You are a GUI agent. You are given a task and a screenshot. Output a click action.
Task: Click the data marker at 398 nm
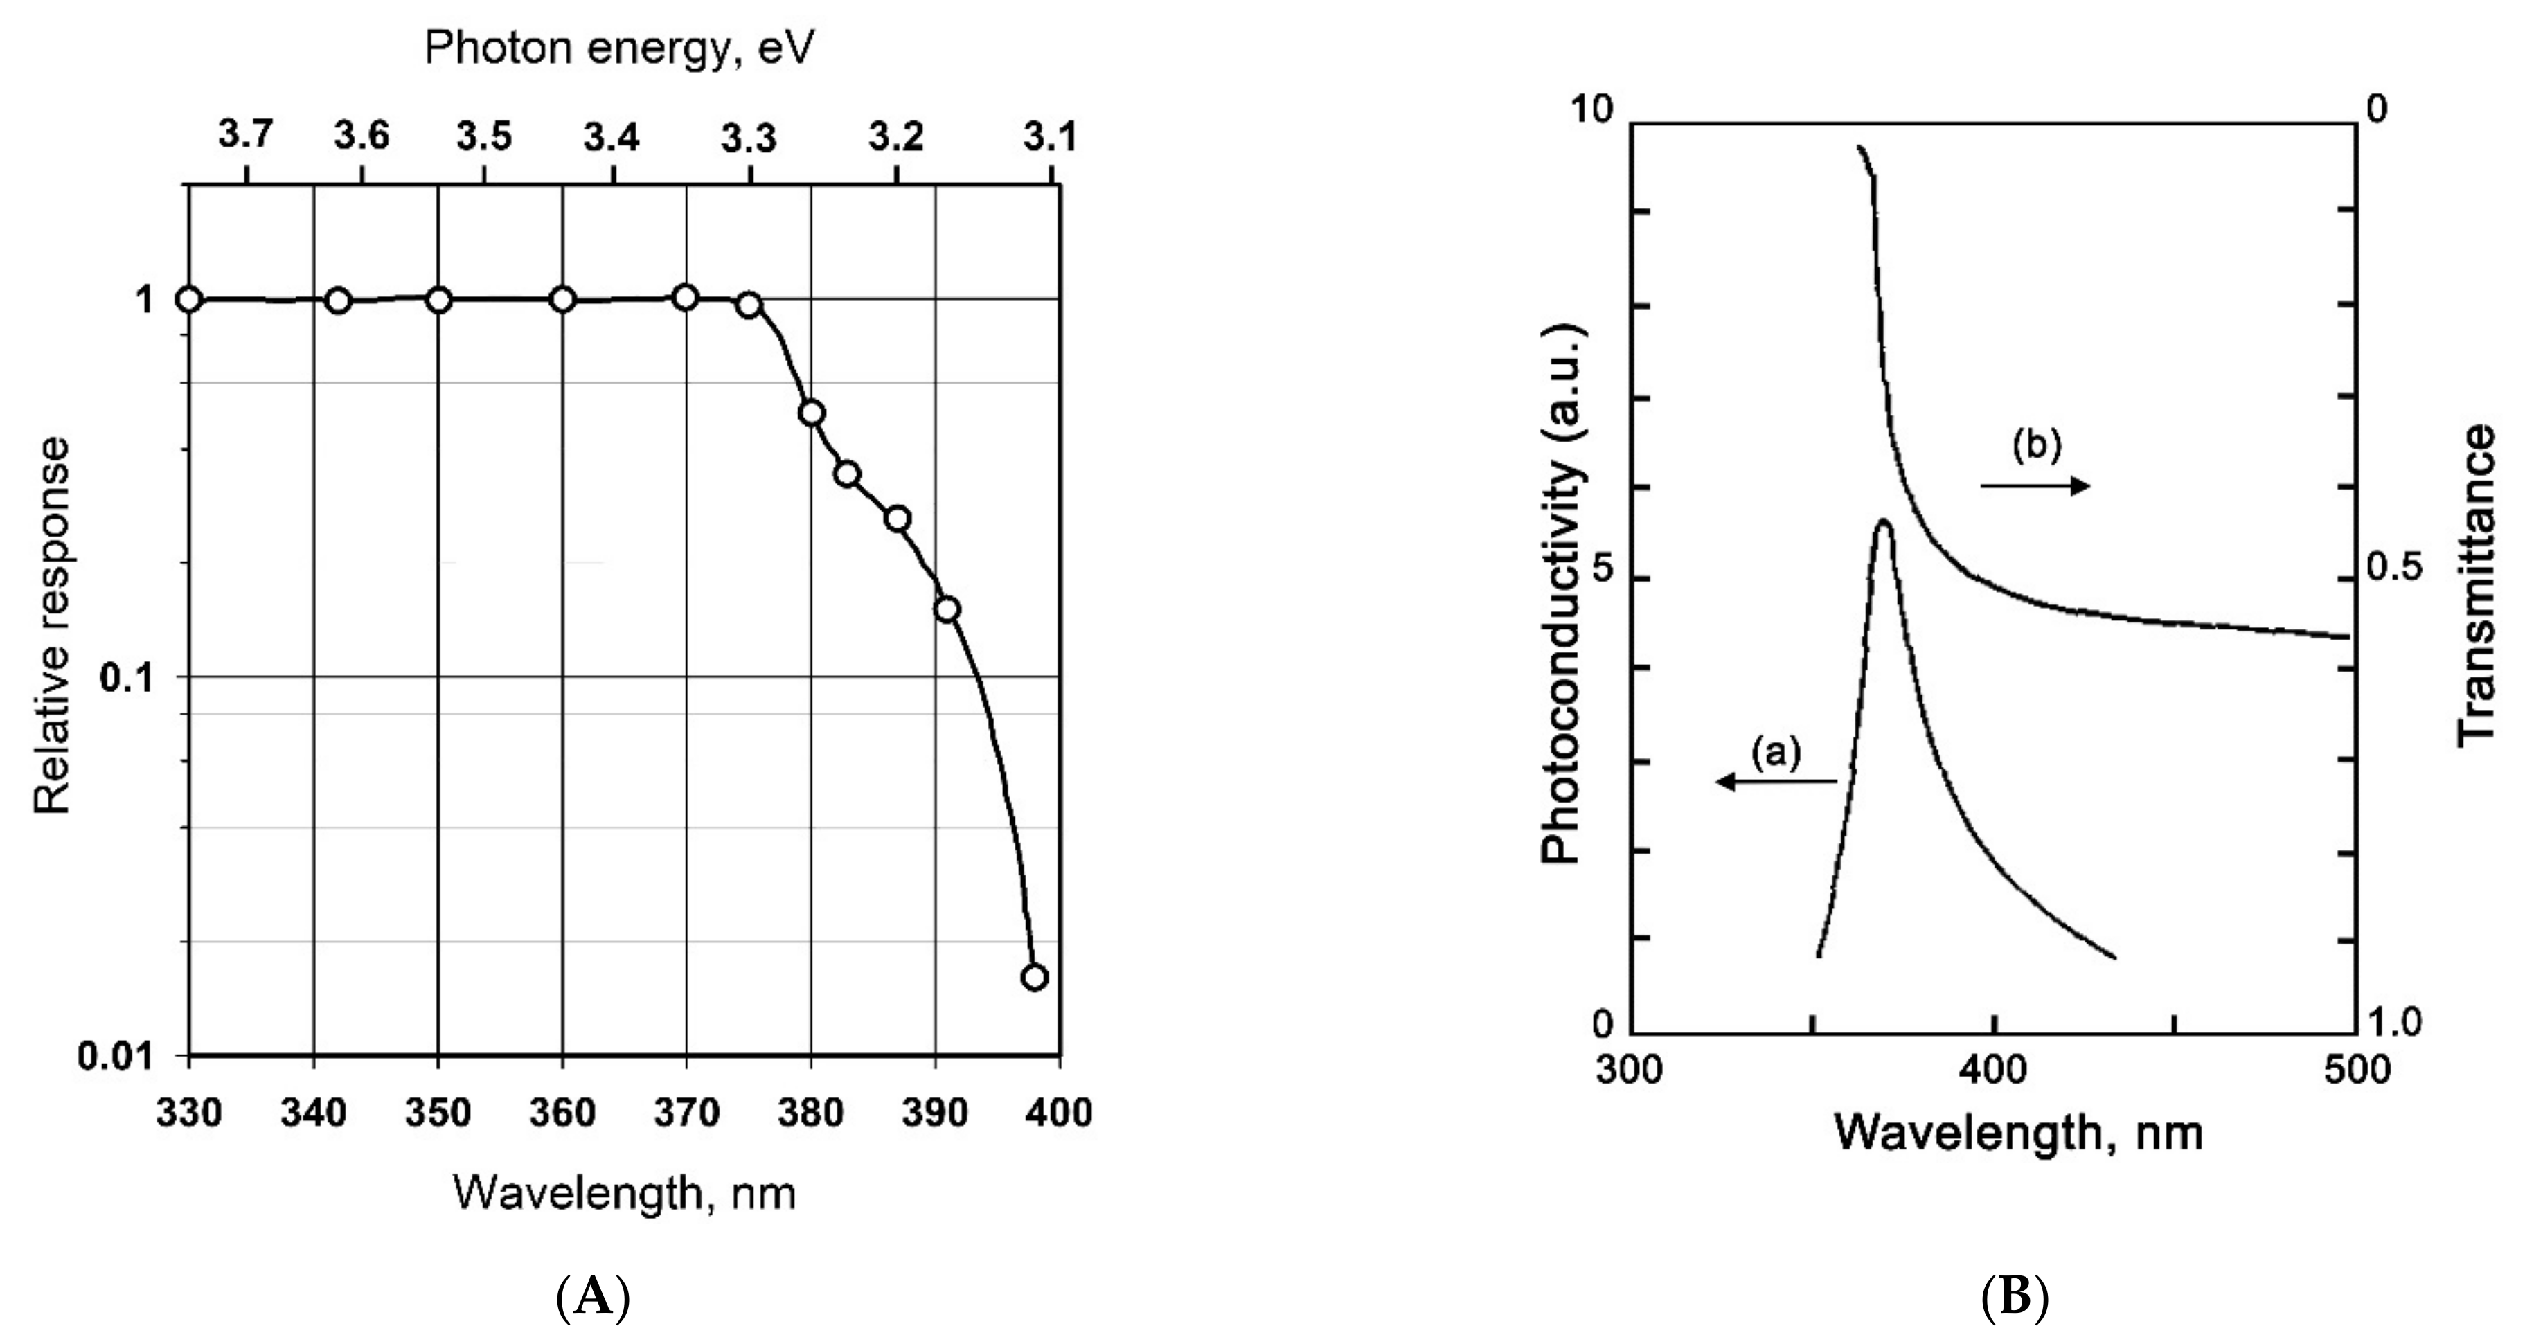[x=1034, y=978]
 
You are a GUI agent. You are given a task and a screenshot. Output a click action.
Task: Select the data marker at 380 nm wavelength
[x=811, y=413]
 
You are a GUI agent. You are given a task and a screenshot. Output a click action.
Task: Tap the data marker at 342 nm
[x=338, y=300]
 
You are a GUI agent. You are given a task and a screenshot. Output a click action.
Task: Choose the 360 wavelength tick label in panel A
[x=562, y=1113]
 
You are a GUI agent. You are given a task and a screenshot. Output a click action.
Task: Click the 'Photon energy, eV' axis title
[x=620, y=47]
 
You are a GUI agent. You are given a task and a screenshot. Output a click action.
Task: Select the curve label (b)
[x=2037, y=445]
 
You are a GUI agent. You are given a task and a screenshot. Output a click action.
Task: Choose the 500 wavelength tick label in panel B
[x=2357, y=1068]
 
